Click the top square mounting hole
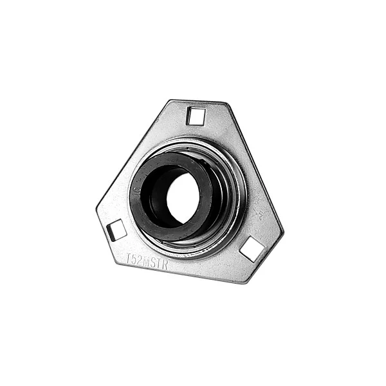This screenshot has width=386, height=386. [x=196, y=116]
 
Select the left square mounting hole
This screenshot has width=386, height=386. [x=116, y=230]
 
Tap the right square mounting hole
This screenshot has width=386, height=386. [x=252, y=249]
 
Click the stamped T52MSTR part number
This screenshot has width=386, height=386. [x=146, y=261]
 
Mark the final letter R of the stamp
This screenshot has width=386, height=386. [x=165, y=264]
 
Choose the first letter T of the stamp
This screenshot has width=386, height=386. [x=128, y=258]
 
